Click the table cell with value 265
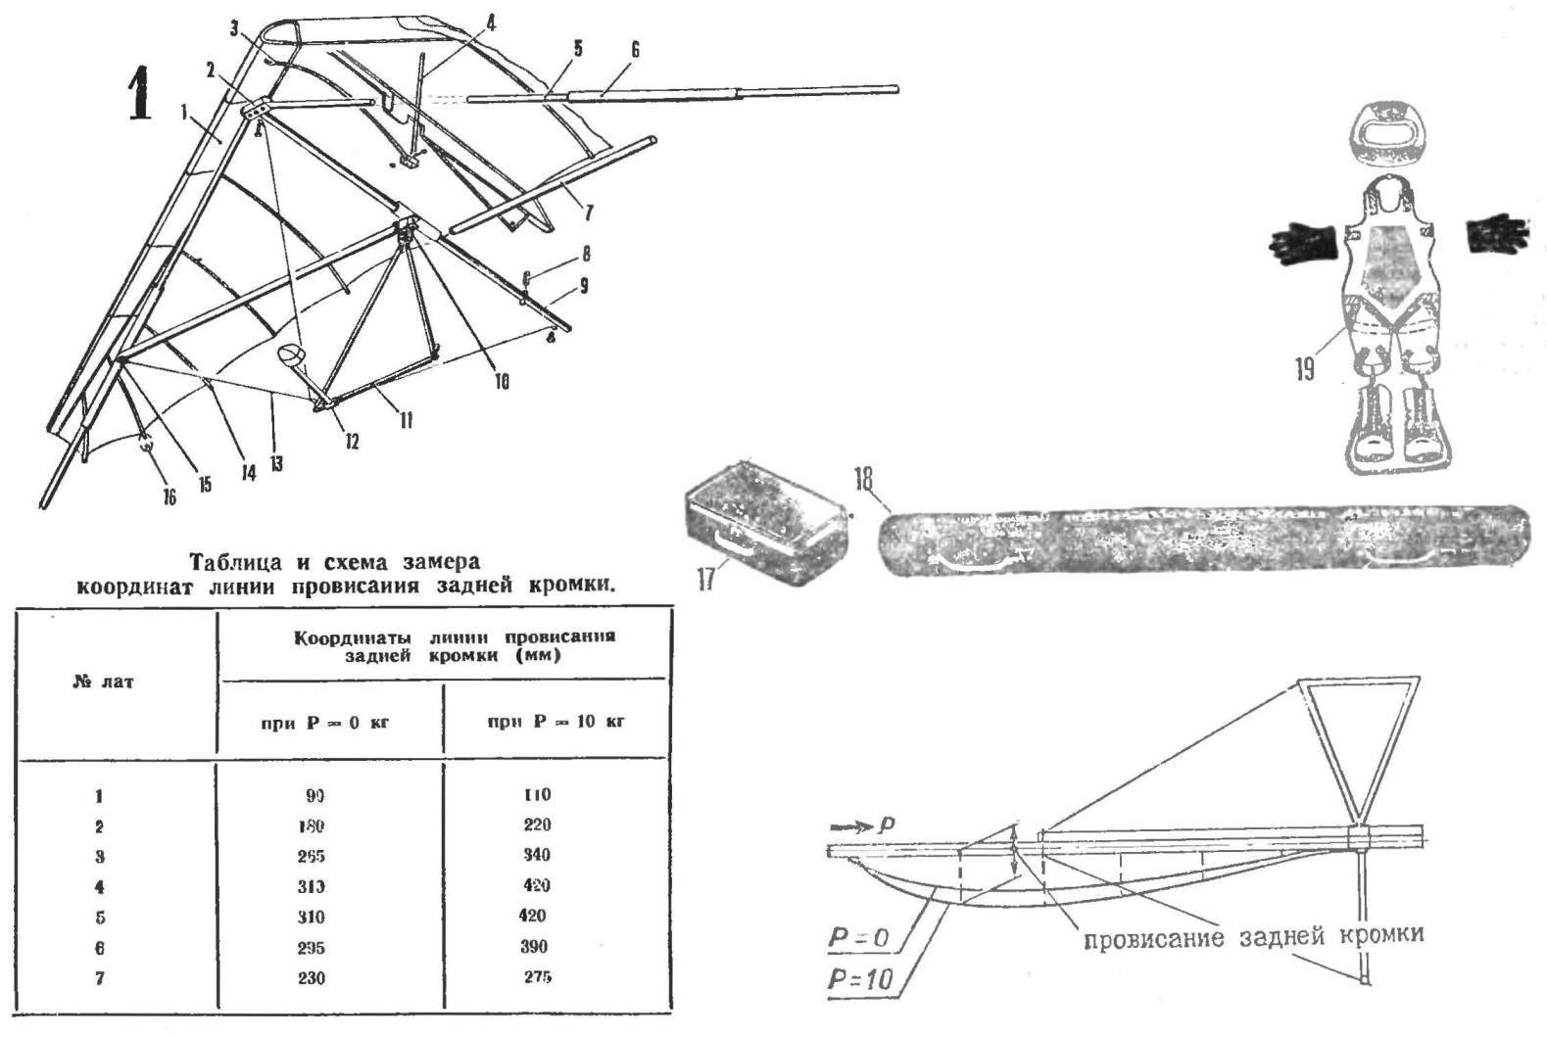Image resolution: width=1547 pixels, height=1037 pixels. [x=311, y=856]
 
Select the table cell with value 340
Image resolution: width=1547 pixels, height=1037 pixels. [x=535, y=855]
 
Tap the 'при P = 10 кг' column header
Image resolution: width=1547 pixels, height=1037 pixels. [x=556, y=722]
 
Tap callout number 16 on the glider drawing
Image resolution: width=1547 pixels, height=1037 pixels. [x=169, y=498]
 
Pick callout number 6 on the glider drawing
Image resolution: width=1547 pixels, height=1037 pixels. [x=635, y=50]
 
